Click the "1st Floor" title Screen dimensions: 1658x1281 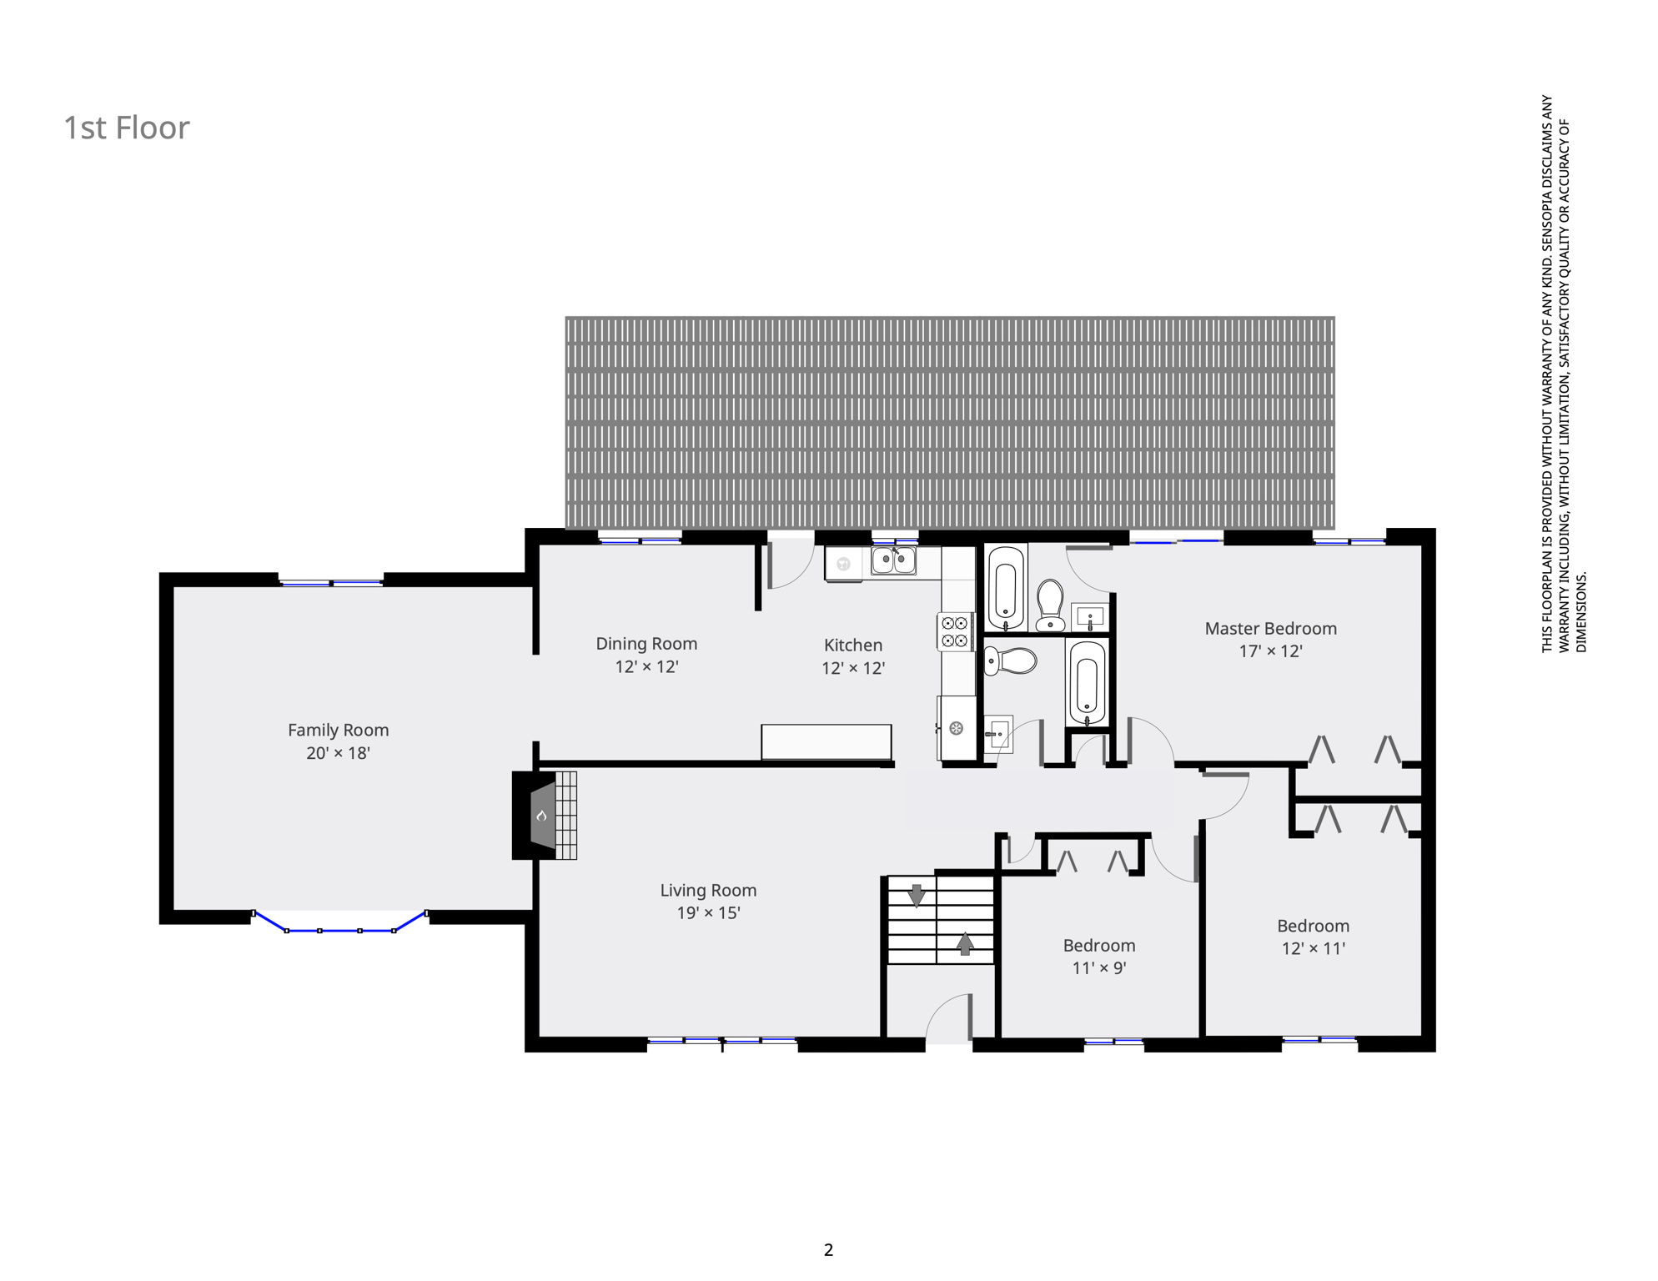127,128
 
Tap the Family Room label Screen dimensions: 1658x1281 338,730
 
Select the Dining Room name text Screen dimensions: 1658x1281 646,644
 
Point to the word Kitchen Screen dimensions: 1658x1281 852,645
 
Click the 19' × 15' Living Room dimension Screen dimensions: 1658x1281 708,912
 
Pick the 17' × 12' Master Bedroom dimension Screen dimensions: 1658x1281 1270,651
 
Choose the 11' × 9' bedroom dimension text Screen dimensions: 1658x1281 1098,967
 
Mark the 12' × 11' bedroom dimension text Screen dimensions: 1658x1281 1313,947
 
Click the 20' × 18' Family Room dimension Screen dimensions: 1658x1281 338,752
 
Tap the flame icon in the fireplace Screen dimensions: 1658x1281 541,815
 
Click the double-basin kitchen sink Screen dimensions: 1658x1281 893,560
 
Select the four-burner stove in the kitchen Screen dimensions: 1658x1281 955,631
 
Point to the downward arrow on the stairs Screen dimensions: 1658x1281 917,895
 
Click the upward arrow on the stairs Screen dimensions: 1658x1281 965,943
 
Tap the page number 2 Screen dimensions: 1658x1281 828,1249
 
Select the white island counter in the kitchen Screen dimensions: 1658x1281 826,741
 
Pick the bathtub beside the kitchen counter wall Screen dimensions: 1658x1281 1006,587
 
